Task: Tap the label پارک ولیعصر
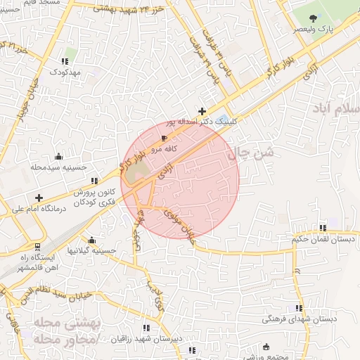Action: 314,30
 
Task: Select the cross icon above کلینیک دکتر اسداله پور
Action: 202,110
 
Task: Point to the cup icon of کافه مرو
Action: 165,139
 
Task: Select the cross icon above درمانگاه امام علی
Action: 39,198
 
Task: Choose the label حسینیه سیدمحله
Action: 58,168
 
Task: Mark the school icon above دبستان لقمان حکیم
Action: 323,228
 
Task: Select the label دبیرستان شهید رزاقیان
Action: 146,338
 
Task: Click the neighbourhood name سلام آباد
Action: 337,111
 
